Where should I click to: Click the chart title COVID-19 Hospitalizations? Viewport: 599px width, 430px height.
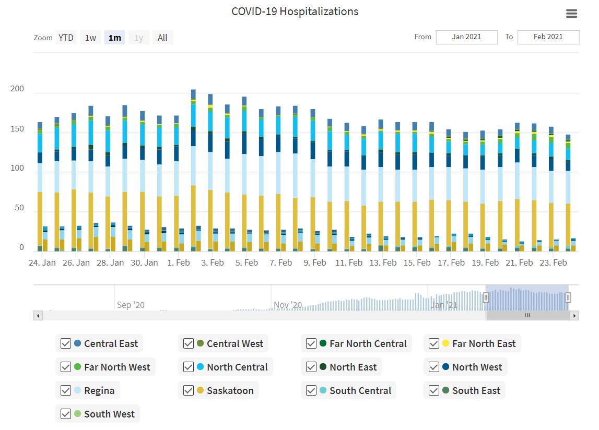click(x=295, y=11)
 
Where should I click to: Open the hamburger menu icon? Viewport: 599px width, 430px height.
click(x=572, y=14)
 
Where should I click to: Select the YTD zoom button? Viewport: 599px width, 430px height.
click(x=66, y=38)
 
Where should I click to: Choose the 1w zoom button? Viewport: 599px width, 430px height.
click(x=90, y=38)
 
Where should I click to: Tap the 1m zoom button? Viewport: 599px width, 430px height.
click(x=114, y=38)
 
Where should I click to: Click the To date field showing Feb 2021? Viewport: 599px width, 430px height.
click(x=548, y=37)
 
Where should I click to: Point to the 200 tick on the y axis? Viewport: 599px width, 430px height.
click(x=17, y=89)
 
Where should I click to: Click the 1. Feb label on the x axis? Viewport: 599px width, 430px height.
click(x=179, y=262)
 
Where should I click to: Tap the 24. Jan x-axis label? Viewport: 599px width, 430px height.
click(x=42, y=262)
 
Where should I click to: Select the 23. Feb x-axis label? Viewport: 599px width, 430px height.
click(x=553, y=262)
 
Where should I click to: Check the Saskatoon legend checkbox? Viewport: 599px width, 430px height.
click(x=189, y=390)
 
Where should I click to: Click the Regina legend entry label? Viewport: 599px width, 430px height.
click(x=99, y=390)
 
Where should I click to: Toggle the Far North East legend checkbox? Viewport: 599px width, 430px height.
click(x=433, y=343)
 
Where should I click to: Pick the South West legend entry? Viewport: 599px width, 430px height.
click(x=109, y=414)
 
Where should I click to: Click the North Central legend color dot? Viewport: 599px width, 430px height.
click(x=201, y=367)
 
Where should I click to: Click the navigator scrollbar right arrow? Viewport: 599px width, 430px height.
click(x=574, y=316)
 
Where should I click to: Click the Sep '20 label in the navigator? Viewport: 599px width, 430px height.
click(x=131, y=305)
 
